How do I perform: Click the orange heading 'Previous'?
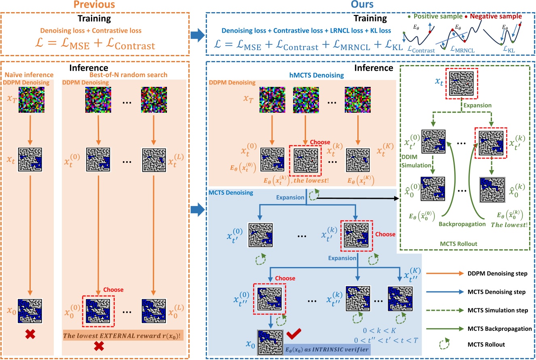coord(96,6)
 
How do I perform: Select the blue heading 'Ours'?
coord(370,6)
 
